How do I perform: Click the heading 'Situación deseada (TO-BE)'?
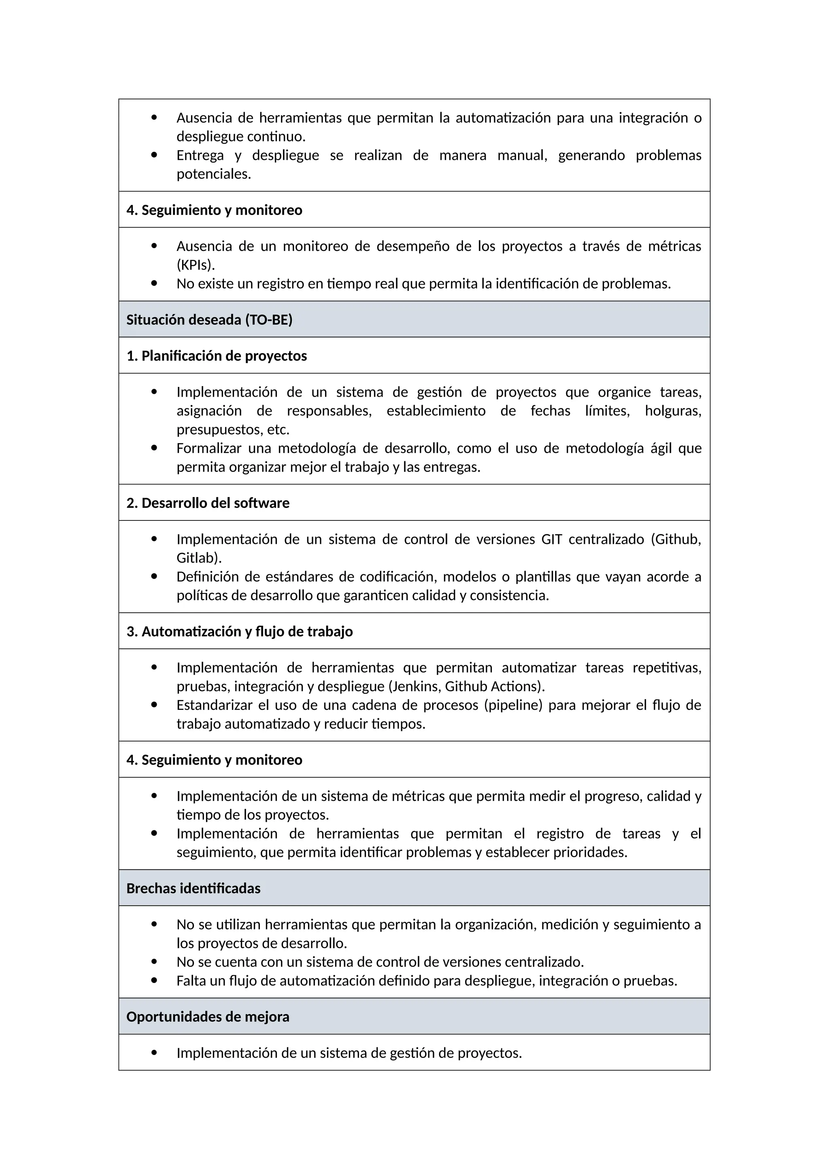tap(209, 320)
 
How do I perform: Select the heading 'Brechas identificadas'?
tap(193, 888)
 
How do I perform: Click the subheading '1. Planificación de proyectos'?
tap(217, 356)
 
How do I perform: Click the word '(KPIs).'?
tap(196, 265)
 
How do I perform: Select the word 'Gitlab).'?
tap(199, 558)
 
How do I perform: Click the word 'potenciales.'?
tap(214, 174)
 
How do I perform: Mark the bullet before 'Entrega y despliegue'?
tap(154, 155)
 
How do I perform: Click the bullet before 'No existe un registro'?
tap(154, 283)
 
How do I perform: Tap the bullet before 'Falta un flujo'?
tap(154, 981)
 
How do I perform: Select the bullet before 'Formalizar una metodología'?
tap(154, 448)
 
